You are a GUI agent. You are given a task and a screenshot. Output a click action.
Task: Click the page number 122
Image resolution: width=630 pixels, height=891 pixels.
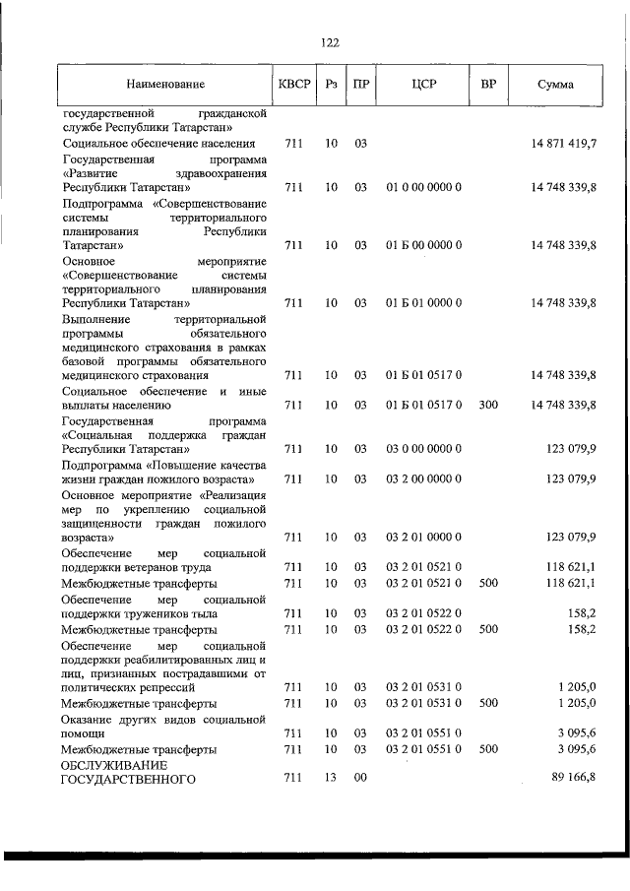(x=330, y=41)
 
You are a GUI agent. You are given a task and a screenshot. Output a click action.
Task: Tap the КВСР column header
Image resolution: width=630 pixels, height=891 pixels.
(x=292, y=86)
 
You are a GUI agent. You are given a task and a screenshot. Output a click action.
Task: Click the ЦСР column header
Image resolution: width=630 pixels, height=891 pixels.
(x=423, y=86)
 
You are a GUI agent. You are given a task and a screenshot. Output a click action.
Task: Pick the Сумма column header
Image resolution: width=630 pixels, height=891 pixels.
(x=555, y=86)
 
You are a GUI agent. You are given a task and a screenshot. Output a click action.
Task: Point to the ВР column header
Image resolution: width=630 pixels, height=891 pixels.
(x=487, y=86)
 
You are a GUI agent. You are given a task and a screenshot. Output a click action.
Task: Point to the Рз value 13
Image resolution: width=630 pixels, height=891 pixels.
(x=331, y=779)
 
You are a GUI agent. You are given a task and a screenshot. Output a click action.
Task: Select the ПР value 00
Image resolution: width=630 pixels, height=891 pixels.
(x=360, y=779)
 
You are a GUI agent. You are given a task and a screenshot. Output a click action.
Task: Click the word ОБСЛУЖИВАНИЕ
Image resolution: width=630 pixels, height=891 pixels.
(x=111, y=765)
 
